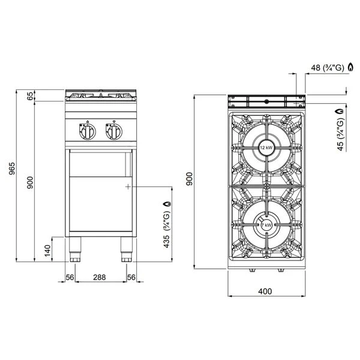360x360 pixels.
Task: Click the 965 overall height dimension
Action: point(12,169)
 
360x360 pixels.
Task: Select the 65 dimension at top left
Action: point(31,95)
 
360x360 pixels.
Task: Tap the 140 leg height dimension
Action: point(47,250)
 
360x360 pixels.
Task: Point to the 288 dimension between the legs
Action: point(100,277)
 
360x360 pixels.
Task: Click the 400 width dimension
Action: point(265,292)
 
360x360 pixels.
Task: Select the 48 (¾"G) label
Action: point(328,68)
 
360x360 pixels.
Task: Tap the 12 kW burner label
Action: point(266,148)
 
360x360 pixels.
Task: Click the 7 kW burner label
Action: point(267,225)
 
